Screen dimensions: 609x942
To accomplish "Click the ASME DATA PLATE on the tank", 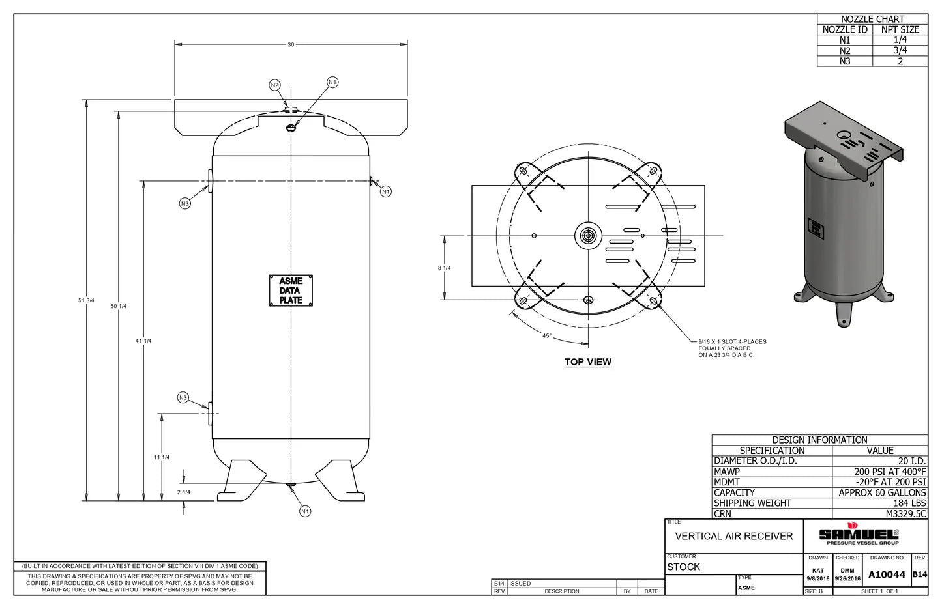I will pyautogui.click(x=291, y=290).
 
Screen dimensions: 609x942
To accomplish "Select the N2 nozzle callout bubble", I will pyautogui.click(x=274, y=85).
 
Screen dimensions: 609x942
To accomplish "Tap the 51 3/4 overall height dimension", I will pyautogui.click(x=86, y=300).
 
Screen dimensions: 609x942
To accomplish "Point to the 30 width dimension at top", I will pyautogui.click(x=291, y=44).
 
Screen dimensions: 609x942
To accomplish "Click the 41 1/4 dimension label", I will pyautogui.click(x=143, y=341).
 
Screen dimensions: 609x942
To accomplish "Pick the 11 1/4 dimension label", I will pyautogui.click(x=161, y=457).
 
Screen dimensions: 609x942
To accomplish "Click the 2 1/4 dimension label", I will pyautogui.click(x=184, y=492).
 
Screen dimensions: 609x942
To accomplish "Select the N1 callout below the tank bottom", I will pyautogui.click(x=305, y=511).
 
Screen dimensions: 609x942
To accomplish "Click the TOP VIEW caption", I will pyautogui.click(x=587, y=362).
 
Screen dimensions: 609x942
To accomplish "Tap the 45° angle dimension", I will pyautogui.click(x=546, y=336).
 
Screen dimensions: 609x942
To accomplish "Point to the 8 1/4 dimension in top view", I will pyautogui.click(x=444, y=268).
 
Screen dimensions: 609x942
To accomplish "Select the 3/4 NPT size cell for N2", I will pyautogui.click(x=900, y=50).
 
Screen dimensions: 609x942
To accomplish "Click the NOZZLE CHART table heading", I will pyautogui.click(x=872, y=19).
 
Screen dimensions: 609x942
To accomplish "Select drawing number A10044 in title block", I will pyautogui.click(x=886, y=574).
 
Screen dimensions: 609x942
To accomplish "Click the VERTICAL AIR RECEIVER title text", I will pyautogui.click(x=733, y=536).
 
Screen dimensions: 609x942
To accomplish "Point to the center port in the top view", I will pyautogui.click(x=587, y=236).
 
